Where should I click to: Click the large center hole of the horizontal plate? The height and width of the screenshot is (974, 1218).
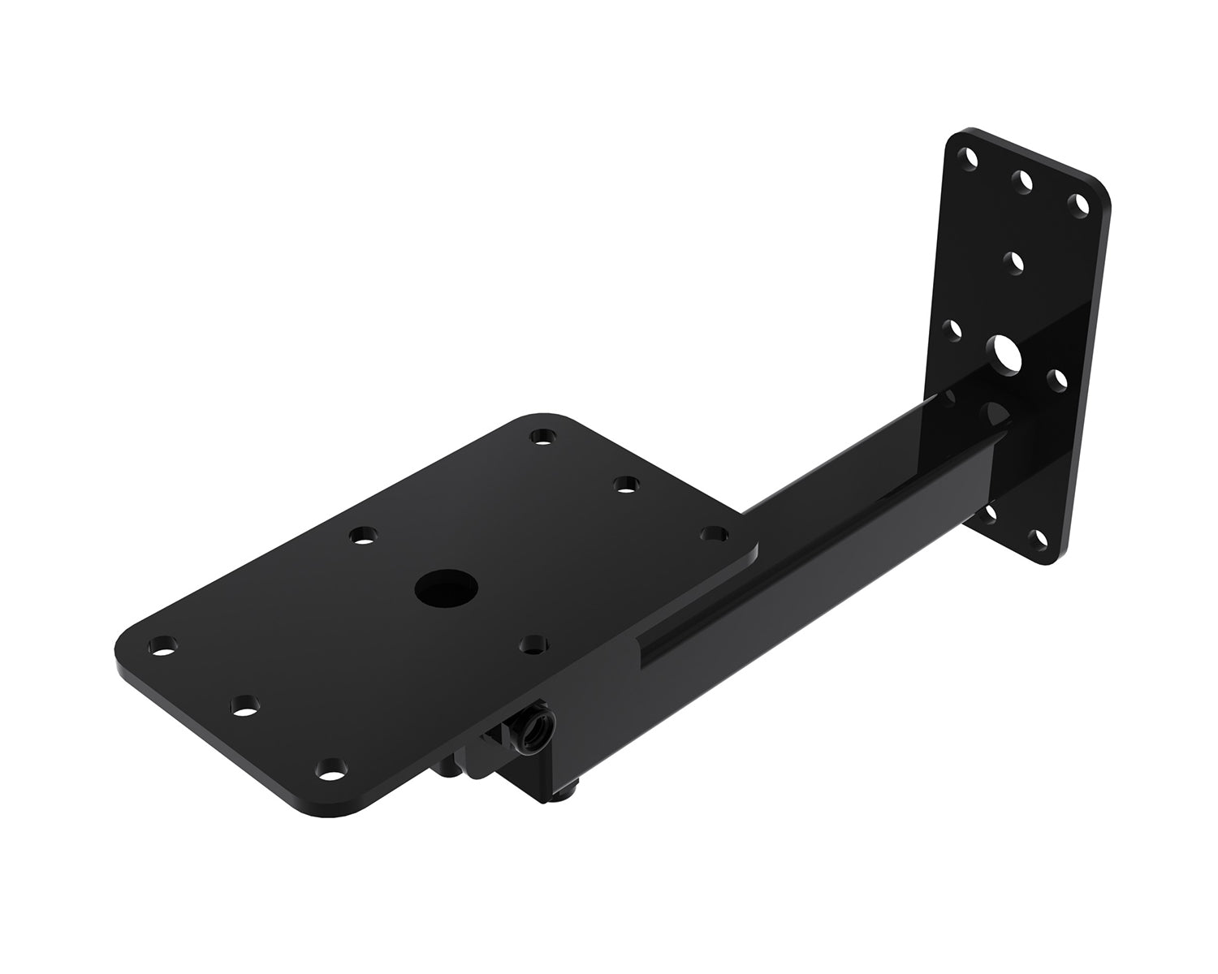[x=446, y=588]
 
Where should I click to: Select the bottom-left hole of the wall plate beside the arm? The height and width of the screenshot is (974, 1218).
[x=989, y=513]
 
